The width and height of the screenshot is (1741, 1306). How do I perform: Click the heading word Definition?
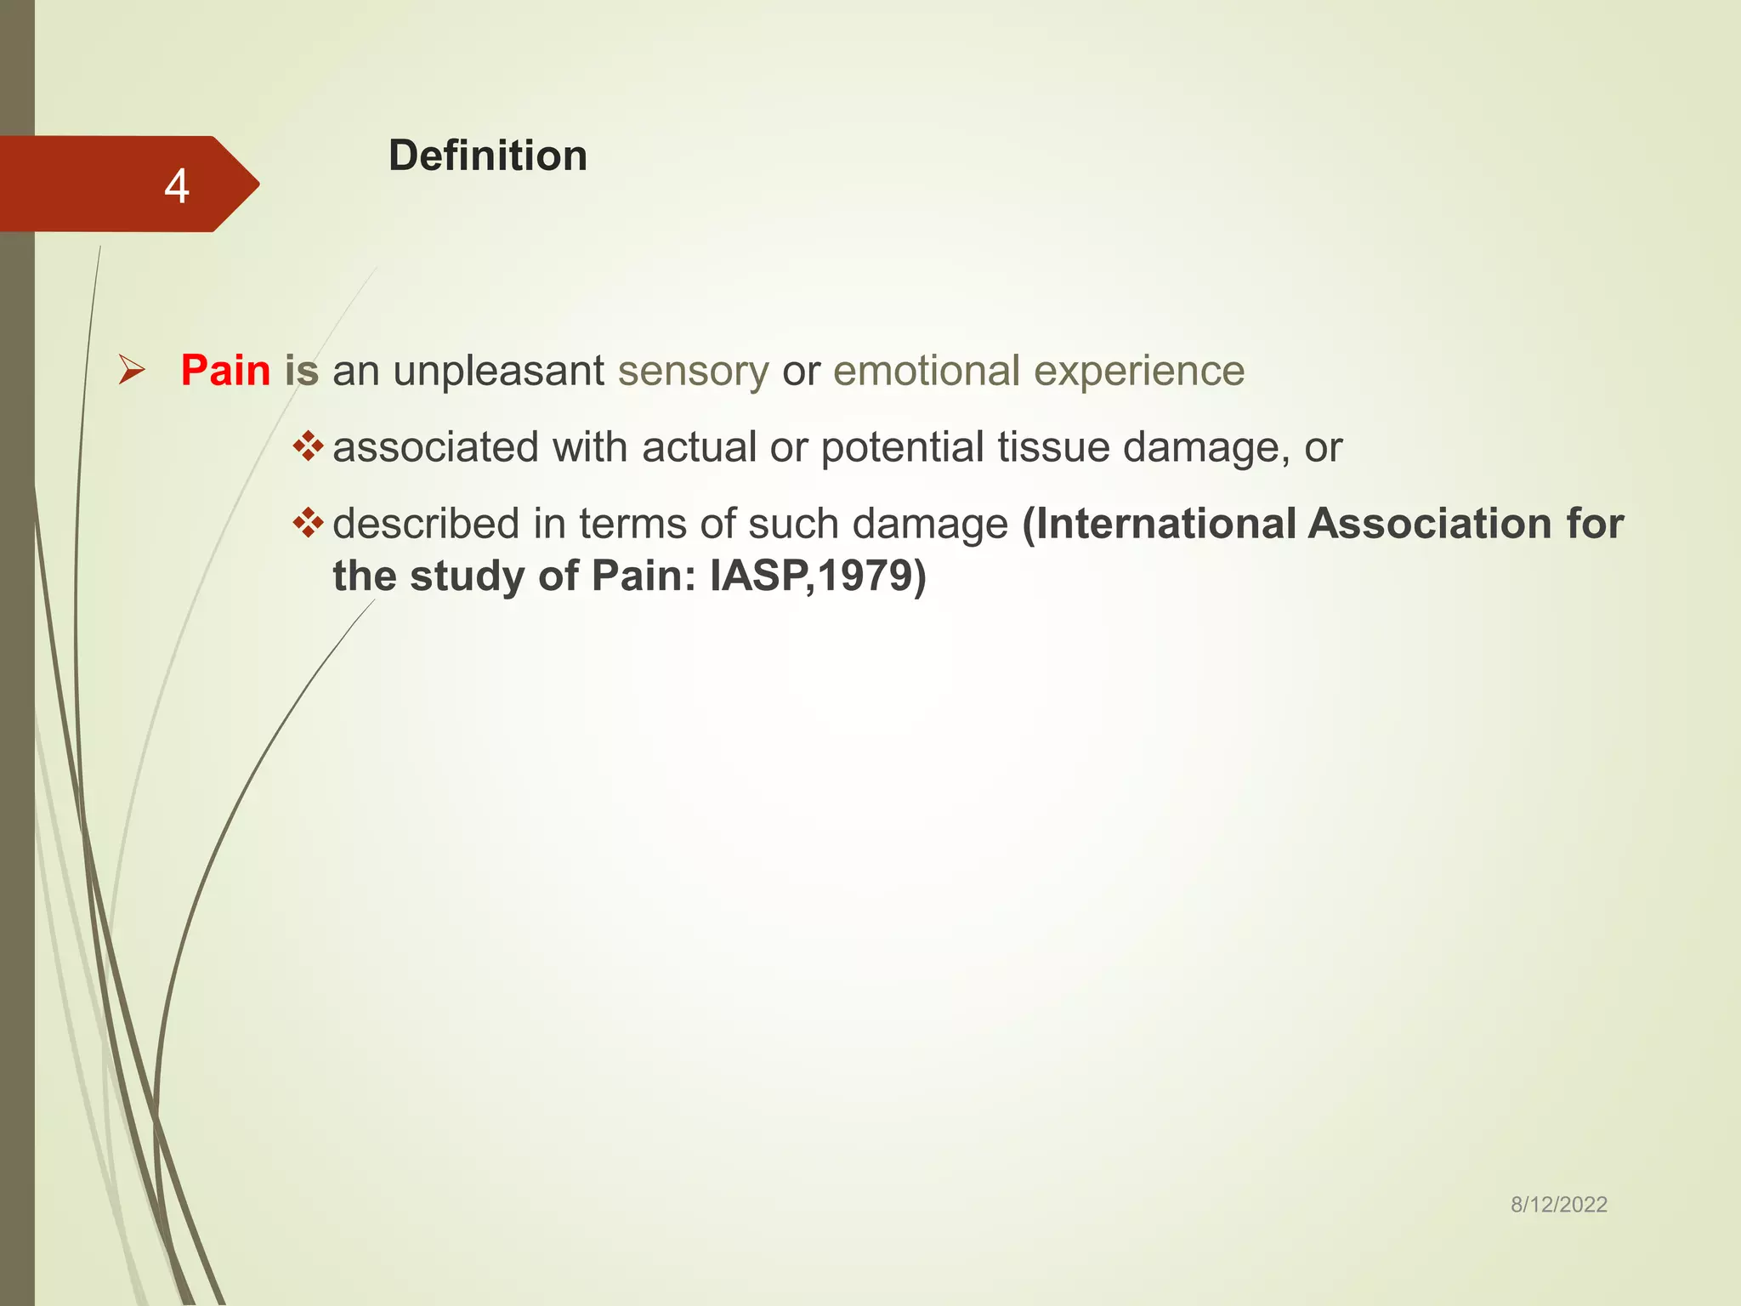click(487, 156)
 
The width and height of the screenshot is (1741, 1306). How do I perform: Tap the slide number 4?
click(176, 186)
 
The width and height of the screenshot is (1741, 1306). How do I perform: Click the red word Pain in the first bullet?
click(225, 371)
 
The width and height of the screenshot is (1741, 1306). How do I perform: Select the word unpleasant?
click(498, 371)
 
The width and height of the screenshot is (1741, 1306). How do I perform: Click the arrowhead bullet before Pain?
click(132, 370)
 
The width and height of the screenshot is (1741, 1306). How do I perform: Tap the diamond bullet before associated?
click(308, 446)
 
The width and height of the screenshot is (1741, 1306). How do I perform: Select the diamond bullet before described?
click(308, 522)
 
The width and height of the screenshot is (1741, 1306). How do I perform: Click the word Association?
click(1430, 524)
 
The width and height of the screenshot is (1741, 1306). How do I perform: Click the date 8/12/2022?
click(1558, 1204)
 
